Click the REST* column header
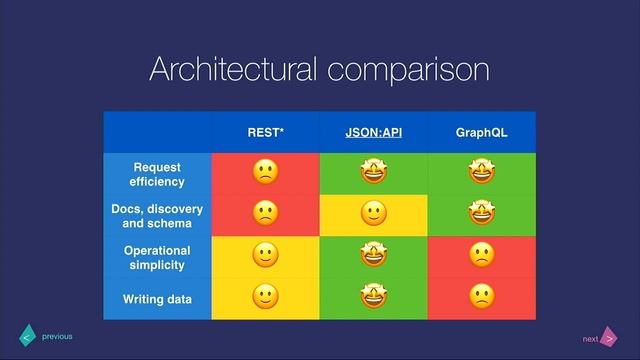click(265, 132)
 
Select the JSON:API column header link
click(373, 132)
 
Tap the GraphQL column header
click(481, 132)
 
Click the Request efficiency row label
click(157, 174)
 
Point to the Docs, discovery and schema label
click(157, 216)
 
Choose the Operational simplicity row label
click(157, 257)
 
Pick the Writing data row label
click(157, 299)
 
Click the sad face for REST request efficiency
click(265, 172)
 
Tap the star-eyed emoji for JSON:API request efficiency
click(373, 172)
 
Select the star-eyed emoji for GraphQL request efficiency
click(481, 172)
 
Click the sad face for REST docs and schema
click(265, 214)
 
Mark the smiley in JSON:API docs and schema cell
click(373, 214)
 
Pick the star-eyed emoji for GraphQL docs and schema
click(481, 214)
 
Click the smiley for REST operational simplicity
click(265, 256)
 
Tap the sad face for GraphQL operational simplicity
click(481, 256)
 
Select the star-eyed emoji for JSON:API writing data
click(373, 297)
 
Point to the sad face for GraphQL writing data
click(481, 297)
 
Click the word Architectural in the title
click(230, 70)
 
